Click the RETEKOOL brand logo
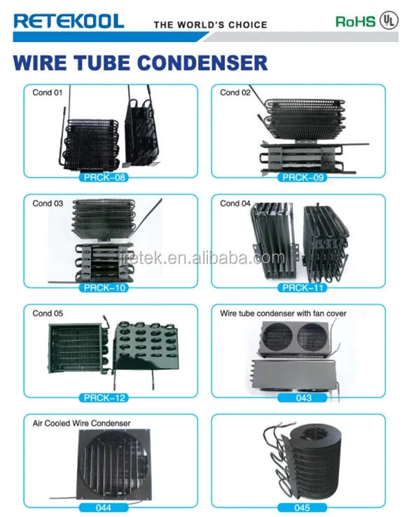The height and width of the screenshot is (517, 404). (69, 21)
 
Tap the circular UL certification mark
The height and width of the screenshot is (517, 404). (389, 21)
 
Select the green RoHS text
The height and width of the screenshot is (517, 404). (355, 22)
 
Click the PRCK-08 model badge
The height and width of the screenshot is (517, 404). (104, 177)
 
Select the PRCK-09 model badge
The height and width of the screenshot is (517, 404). (302, 177)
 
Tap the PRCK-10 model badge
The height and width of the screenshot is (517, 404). (104, 288)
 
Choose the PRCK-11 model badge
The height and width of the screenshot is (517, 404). (302, 288)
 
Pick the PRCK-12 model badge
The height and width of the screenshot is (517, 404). (104, 398)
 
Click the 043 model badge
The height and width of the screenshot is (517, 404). (302, 398)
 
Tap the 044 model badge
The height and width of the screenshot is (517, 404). (104, 508)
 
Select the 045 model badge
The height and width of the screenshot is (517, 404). (302, 508)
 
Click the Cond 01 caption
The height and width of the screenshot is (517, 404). (48, 92)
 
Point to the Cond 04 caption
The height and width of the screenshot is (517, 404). (235, 203)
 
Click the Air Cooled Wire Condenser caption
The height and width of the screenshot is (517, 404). (81, 423)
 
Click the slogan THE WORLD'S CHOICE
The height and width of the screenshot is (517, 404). (210, 25)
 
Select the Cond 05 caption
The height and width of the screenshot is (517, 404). (48, 313)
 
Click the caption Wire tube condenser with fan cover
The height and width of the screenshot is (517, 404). (283, 313)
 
